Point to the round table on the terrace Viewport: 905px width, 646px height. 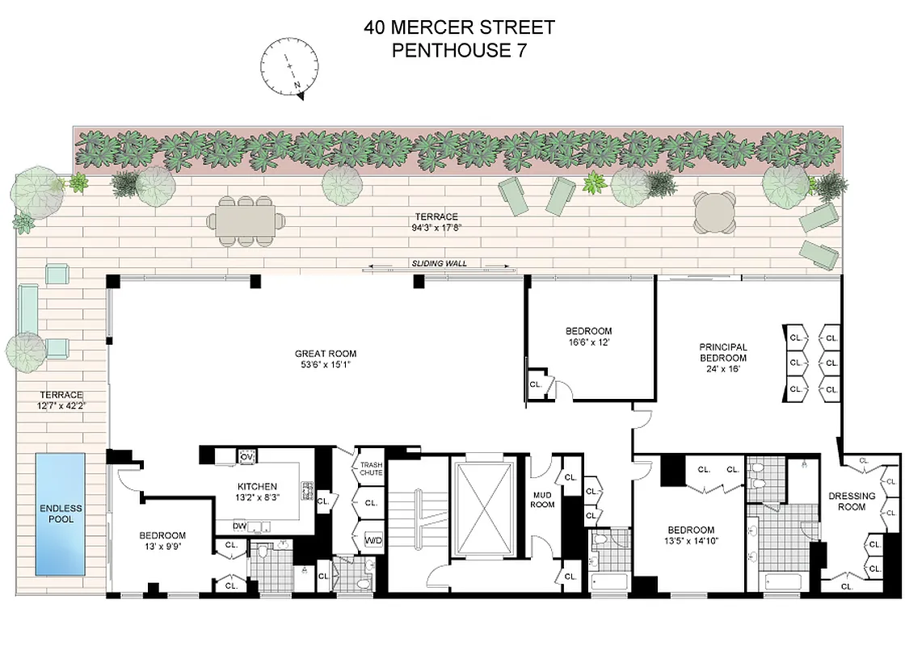715,212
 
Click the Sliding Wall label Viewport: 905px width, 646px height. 440,263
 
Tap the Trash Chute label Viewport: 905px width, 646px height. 371,468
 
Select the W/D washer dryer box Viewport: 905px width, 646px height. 373,539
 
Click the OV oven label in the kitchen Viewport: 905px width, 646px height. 246,458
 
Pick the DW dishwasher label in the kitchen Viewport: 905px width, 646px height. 240,526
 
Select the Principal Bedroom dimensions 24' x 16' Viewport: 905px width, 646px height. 723,368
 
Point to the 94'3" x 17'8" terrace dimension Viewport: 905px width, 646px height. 436,228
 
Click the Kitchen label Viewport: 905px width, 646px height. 257,487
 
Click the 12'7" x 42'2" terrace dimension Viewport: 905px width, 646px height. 61,406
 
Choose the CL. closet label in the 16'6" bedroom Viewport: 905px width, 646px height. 536,385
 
